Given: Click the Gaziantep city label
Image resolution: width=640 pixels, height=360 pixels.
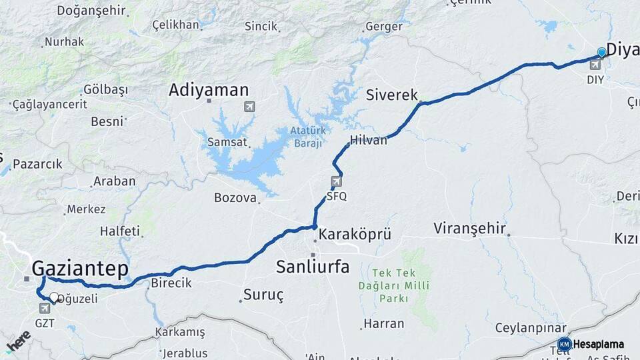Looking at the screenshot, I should (x=80, y=269).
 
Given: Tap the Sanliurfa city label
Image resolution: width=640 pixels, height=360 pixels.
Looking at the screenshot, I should (x=313, y=267).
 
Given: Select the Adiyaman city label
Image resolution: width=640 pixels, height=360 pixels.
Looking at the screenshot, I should (x=209, y=90).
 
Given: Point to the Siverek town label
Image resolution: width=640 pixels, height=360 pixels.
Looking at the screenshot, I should (x=391, y=95).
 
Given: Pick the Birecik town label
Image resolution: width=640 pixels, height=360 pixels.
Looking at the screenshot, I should (x=171, y=283).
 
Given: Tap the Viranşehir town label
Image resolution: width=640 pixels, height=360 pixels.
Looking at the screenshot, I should (x=470, y=229).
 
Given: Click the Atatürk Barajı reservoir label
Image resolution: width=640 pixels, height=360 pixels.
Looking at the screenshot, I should (x=307, y=137).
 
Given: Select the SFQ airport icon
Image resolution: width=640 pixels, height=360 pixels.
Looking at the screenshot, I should (x=337, y=181).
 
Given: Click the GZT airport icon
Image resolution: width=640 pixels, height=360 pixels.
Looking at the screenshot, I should (x=45, y=308).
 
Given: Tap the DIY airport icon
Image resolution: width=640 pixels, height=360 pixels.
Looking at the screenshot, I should (x=595, y=65).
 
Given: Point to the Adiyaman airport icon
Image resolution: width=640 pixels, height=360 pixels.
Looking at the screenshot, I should (x=249, y=107).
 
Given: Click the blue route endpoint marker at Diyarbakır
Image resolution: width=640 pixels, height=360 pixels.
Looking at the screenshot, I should (x=602, y=52).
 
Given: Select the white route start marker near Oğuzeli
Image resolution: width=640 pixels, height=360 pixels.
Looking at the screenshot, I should (x=54, y=297).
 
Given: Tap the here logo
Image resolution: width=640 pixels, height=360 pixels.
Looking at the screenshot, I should (x=18, y=341).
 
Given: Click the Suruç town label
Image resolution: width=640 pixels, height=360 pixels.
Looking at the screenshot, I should (x=264, y=295).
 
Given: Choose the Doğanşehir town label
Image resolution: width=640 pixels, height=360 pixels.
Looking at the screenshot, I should (x=91, y=10).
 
